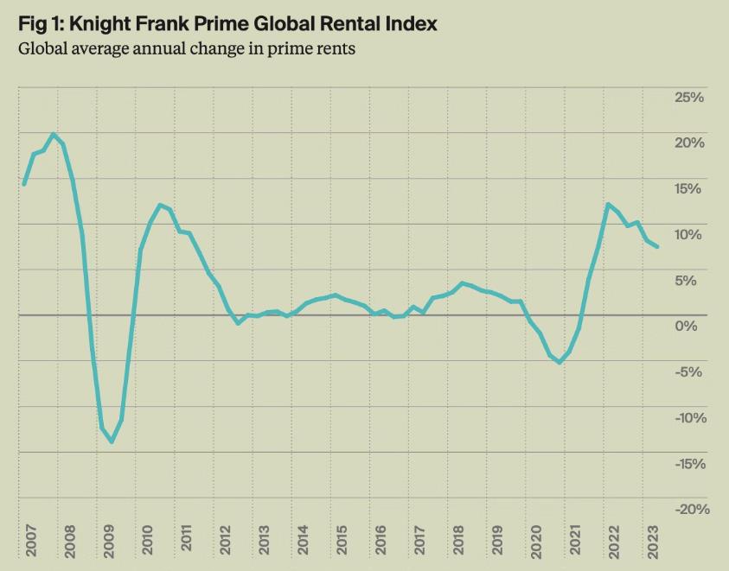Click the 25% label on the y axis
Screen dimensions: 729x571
click(x=689, y=98)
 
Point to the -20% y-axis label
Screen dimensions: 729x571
click(x=693, y=509)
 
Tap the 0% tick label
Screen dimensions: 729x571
click(x=686, y=327)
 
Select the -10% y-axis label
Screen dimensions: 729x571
click(x=690, y=418)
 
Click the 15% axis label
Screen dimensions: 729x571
click(x=687, y=188)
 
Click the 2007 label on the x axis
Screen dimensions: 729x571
click(x=30, y=541)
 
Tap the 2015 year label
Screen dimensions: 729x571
click(x=342, y=541)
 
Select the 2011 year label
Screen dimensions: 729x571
click(x=186, y=538)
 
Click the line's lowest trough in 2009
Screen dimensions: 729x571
click(x=112, y=441)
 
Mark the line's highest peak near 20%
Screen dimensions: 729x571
click(x=54, y=134)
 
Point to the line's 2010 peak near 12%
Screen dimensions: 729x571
click(x=160, y=205)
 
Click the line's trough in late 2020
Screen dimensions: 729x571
click(x=560, y=363)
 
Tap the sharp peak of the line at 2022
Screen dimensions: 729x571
click(x=608, y=204)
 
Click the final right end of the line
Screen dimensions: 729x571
click(x=657, y=246)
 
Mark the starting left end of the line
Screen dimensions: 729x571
click(x=24, y=184)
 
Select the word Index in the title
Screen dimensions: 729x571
click(x=412, y=23)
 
